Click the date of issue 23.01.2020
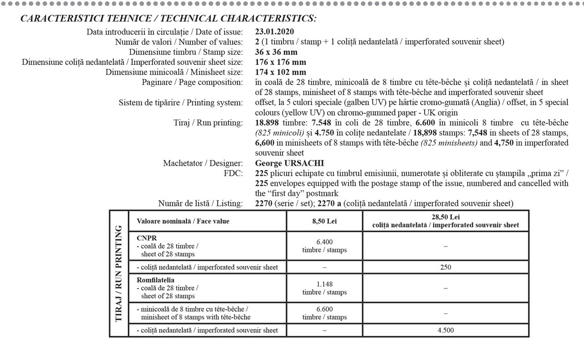tap(275, 32)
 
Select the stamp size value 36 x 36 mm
tap(276, 52)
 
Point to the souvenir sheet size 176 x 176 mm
tap(281, 62)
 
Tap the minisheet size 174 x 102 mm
tap(281, 72)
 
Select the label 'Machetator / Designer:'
tap(203, 163)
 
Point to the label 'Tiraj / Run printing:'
tap(206, 123)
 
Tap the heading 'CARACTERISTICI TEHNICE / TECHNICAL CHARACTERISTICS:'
tap(168, 19)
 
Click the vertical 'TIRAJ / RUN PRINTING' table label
tap(119, 273)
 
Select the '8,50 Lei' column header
tap(324, 221)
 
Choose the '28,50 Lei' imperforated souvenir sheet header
tap(446, 221)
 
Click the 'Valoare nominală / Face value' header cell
tap(183, 221)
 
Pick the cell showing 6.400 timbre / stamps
tap(324, 246)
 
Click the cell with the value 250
tap(446, 267)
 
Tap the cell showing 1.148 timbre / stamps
tap(324, 288)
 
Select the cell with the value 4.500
tap(446, 330)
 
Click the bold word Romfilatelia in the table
tap(156, 280)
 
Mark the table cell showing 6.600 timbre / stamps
tap(324, 313)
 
